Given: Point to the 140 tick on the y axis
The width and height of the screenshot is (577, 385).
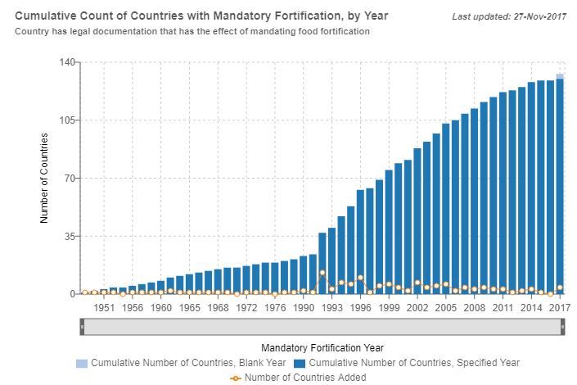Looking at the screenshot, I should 67,62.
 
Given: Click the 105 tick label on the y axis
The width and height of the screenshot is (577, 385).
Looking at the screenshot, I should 67,120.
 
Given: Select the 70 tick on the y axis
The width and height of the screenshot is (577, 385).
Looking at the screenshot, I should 70,178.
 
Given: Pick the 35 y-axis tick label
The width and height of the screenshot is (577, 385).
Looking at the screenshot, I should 70,236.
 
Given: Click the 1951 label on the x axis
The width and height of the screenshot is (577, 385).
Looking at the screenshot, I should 104,307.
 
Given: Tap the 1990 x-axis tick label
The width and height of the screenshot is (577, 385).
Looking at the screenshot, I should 304,307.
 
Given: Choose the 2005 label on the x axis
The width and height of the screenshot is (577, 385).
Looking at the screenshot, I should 446,307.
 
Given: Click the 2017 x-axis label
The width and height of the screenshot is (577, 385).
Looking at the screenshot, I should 560,307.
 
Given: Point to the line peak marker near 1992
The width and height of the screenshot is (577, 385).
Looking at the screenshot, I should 322,273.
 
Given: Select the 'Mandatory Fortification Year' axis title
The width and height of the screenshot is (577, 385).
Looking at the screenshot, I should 322,347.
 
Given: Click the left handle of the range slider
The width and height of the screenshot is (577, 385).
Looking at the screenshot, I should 82,326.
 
